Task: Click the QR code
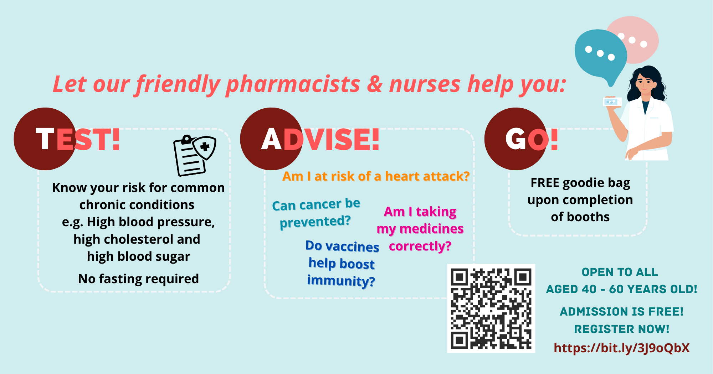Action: (x=491, y=308)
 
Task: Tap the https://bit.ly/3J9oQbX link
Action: (x=622, y=348)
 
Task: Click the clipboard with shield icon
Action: (x=195, y=155)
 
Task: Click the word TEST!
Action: (x=78, y=139)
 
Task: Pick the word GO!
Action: (x=532, y=139)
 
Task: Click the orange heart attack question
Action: (x=376, y=176)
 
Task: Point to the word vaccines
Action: (x=352, y=246)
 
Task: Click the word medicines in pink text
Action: (x=432, y=229)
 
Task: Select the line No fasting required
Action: (x=138, y=279)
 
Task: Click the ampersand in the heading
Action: (x=374, y=84)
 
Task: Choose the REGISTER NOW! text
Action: (x=622, y=329)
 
